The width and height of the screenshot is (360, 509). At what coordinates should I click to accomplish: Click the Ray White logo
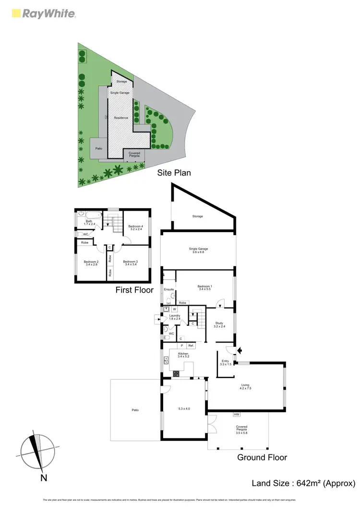coord(43,13)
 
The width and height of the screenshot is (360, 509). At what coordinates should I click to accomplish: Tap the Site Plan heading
coord(174,172)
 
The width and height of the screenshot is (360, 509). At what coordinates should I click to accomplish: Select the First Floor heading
coord(134,290)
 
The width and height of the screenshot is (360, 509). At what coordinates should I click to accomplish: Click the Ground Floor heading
coord(262,457)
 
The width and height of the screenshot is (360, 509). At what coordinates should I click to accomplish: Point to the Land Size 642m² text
coord(303,483)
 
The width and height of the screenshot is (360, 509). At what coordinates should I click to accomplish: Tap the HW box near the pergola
coord(236,414)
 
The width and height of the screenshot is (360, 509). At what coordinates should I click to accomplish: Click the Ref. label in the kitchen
coord(191,345)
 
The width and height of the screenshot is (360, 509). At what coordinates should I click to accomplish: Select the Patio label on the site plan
coord(99,148)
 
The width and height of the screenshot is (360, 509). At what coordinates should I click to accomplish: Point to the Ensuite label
coord(168,289)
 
